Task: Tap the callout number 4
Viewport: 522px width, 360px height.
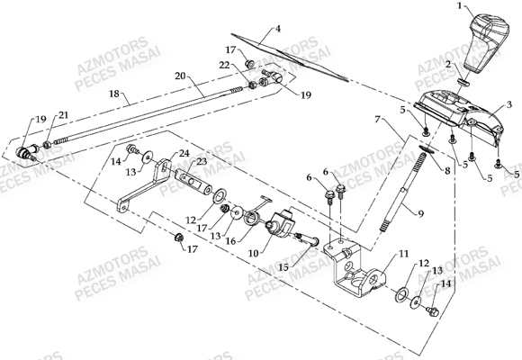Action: click(x=278, y=29)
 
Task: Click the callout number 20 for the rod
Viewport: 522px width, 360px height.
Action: click(x=180, y=76)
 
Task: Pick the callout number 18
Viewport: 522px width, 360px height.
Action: click(x=114, y=94)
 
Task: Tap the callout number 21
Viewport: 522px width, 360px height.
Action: click(x=63, y=115)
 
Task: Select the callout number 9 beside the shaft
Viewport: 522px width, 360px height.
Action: click(x=421, y=213)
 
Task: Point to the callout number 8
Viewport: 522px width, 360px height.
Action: click(x=447, y=171)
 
